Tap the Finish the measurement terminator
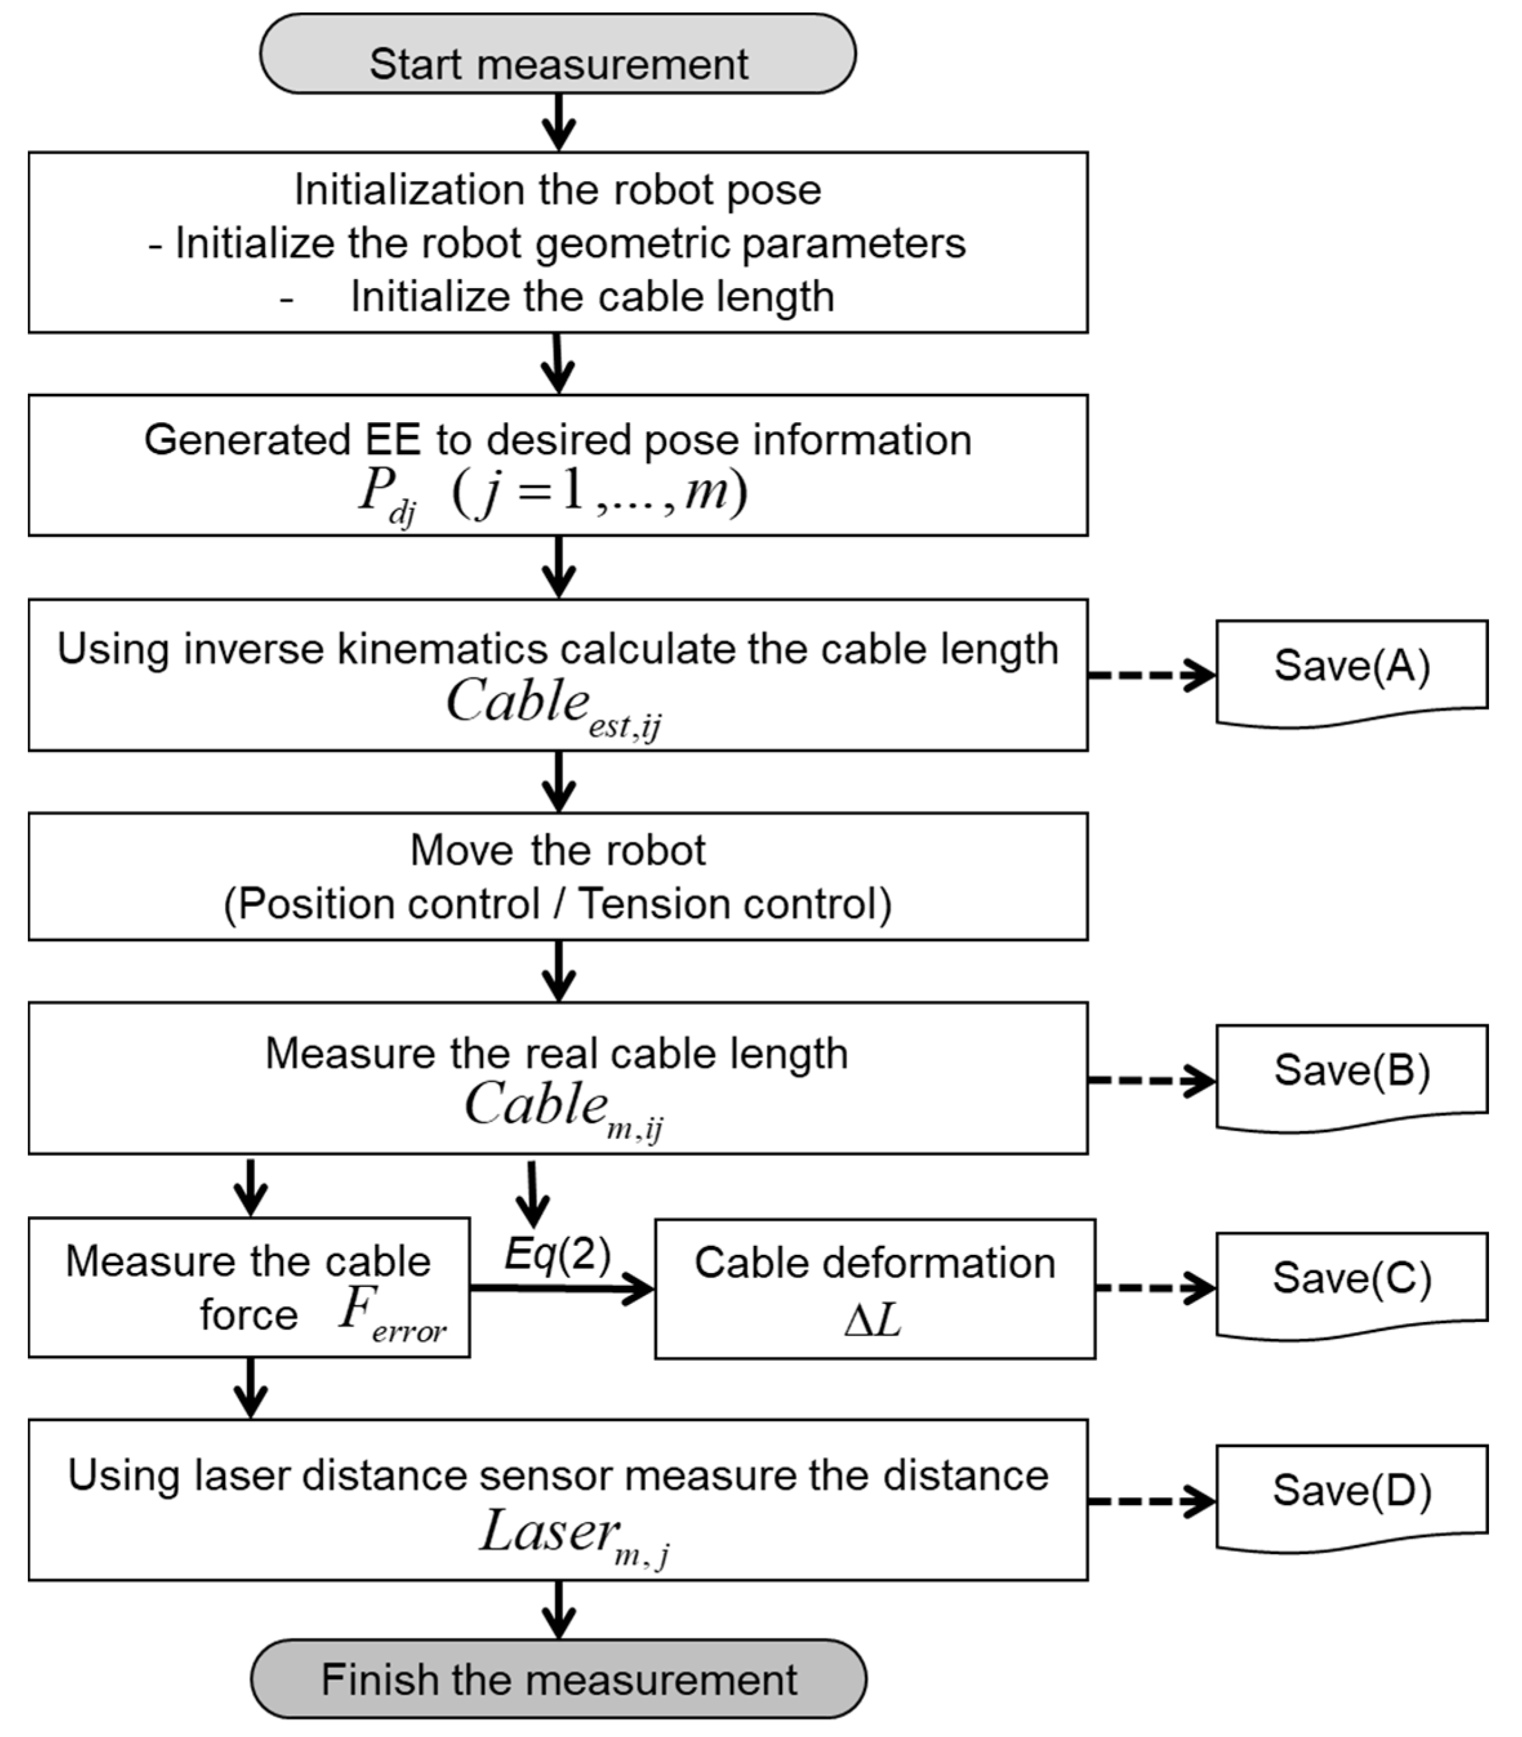558,1679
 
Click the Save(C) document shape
1351,1284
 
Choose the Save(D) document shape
1351,1496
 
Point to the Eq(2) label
557,1254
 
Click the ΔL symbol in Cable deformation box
872,1320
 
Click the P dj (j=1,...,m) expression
552,493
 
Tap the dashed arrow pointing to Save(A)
1151,675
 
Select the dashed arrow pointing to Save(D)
1151,1501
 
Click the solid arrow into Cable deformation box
561,1289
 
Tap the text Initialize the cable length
592,297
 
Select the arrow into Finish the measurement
558,1609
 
